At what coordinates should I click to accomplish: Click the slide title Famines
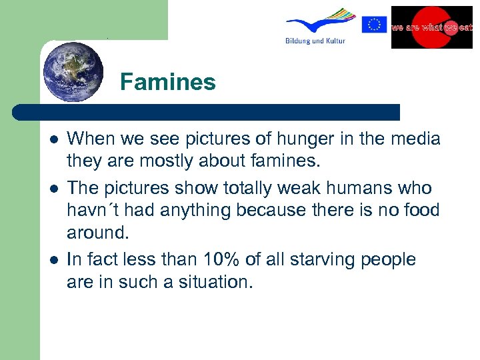(x=168, y=82)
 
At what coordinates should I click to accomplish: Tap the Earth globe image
(x=73, y=71)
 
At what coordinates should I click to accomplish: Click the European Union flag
(x=375, y=25)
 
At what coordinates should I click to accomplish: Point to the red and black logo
(x=431, y=27)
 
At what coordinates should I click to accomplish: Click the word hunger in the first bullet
(x=278, y=139)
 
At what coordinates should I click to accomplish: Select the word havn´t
(x=93, y=211)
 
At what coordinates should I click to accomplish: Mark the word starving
(x=317, y=259)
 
